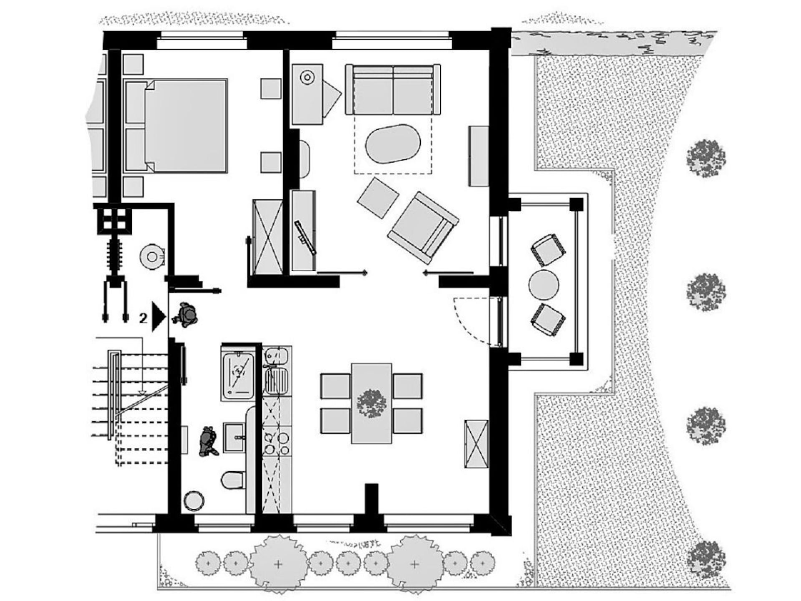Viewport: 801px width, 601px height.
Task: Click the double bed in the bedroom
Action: [x=176, y=126]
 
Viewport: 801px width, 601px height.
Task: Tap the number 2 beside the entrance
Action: [x=143, y=318]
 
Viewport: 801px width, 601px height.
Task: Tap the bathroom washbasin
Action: [x=235, y=437]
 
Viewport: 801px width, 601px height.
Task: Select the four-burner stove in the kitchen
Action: [x=277, y=443]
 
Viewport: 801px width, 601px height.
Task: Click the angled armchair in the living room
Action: [x=423, y=228]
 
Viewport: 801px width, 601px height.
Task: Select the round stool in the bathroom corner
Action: [x=194, y=500]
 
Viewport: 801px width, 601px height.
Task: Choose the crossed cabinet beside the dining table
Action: [x=476, y=444]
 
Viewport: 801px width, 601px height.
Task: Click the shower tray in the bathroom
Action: [x=238, y=375]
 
